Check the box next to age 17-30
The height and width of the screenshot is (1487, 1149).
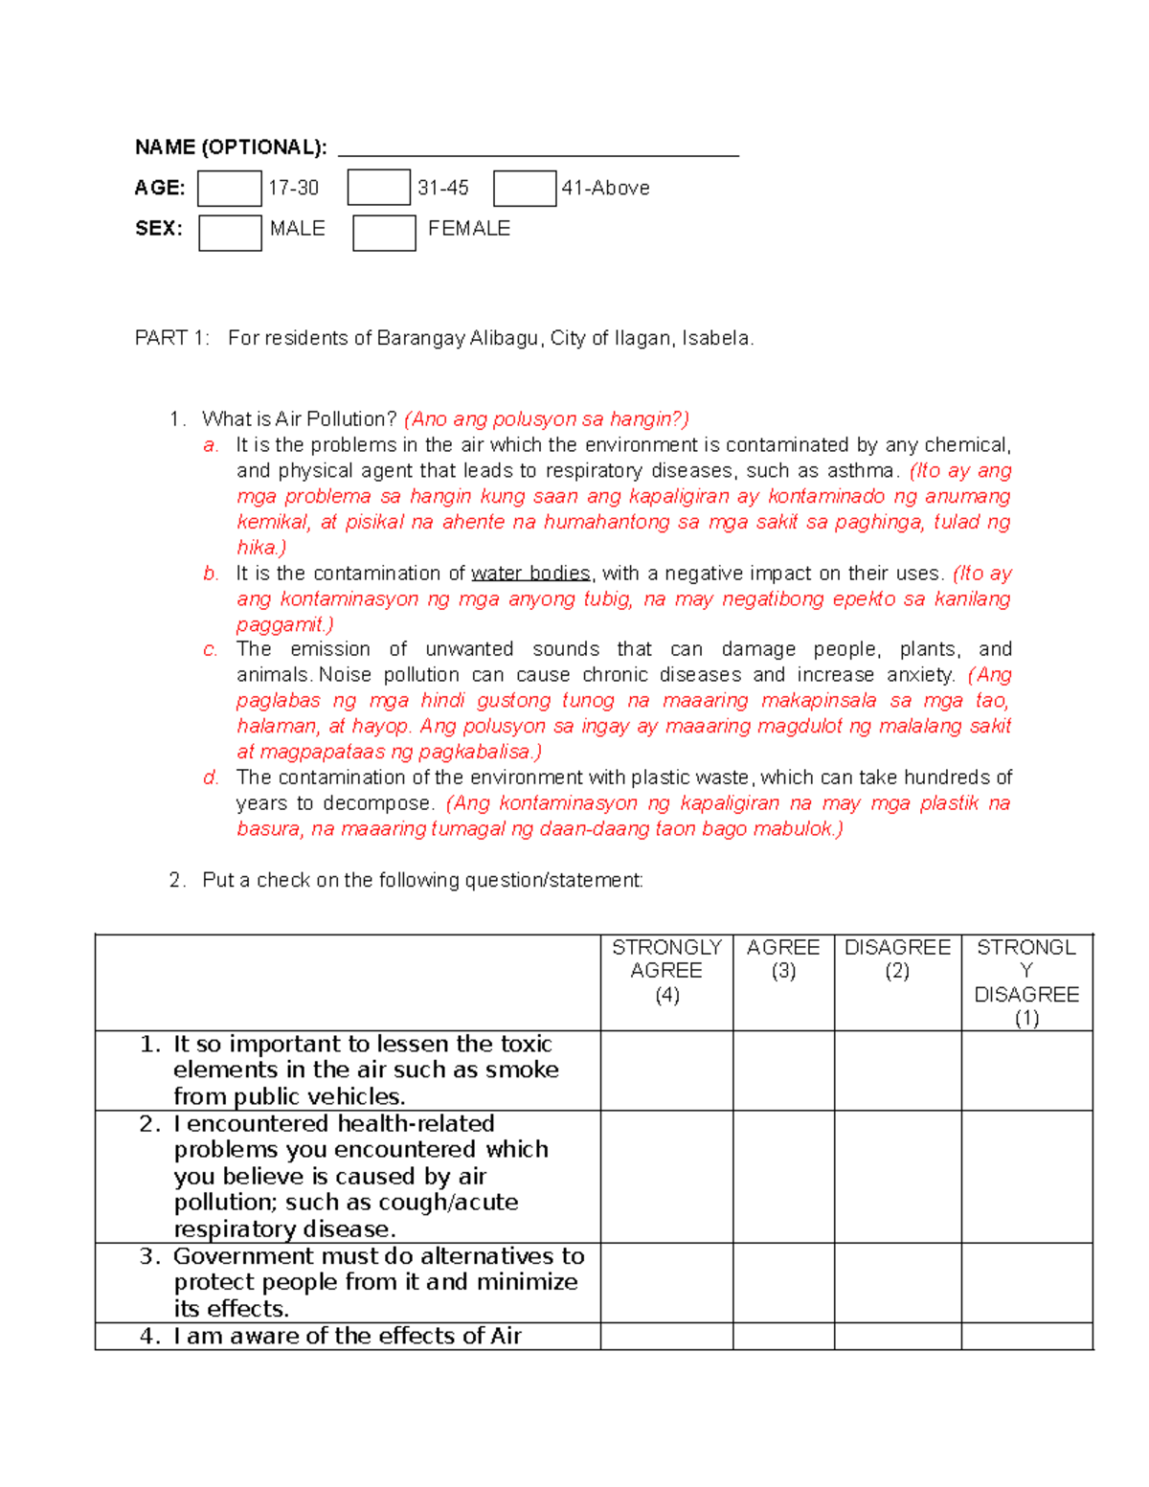click(229, 189)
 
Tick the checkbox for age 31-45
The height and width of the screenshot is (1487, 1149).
click(378, 188)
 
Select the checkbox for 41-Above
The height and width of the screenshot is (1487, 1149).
click(525, 189)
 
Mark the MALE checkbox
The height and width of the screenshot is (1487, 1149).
click(230, 233)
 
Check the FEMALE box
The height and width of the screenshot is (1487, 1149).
click(384, 233)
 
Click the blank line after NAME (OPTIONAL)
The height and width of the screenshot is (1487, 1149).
click(538, 147)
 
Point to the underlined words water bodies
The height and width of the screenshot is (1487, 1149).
click(530, 574)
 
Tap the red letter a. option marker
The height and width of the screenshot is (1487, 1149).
click(212, 445)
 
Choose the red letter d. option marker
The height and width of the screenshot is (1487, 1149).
click(212, 777)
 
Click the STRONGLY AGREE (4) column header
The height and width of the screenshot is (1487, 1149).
click(666, 971)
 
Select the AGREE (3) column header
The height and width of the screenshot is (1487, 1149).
click(783, 959)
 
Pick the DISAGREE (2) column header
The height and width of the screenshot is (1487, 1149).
click(897, 959)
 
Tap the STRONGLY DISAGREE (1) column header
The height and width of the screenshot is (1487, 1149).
click(1026, 982)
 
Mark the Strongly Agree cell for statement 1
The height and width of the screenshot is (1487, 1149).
click(666, 1070)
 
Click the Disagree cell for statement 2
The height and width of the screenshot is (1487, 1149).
click(897, 1177)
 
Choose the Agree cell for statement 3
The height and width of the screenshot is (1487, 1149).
click(783, 1283)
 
